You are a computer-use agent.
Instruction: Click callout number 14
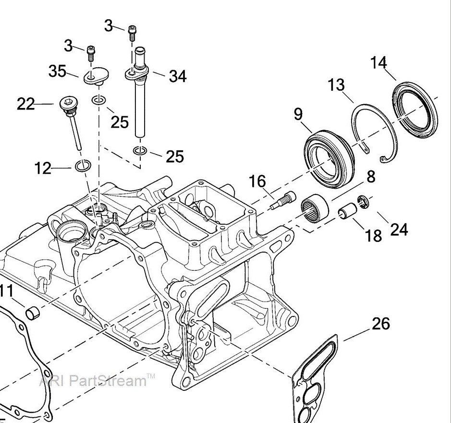(x=378, y=62)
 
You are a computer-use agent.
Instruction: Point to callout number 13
(x=336, y=85)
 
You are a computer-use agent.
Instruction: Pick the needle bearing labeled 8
(x=315, y=207)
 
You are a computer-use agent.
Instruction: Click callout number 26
(x=381, y=324)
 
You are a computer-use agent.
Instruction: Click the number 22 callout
(x=26, y=104)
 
